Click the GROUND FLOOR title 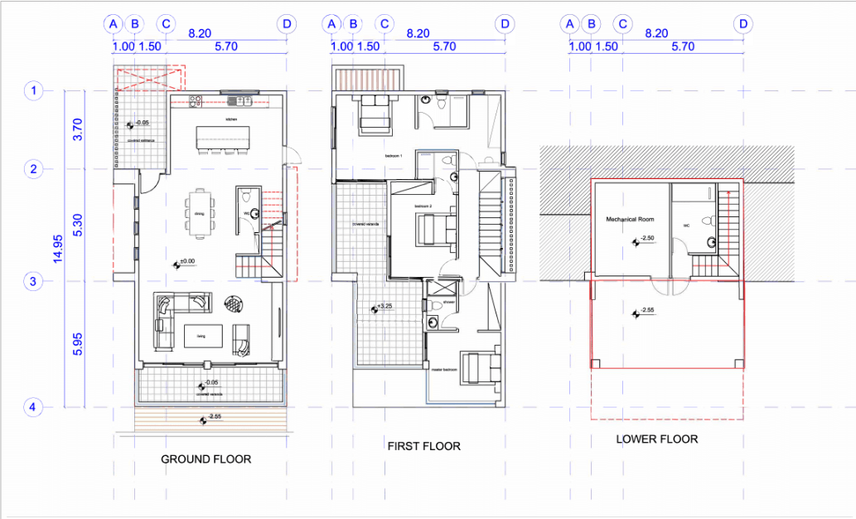(x=206, y=458)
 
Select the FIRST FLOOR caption (x=423, y=446)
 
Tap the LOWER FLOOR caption (x=657, y=439)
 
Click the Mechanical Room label (x=631, y=220)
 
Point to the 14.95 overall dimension (x=58, y=248)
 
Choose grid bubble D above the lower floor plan (x=743, y=24)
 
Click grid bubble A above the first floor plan (x=331, y=24)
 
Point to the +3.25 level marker (x=380, y=308)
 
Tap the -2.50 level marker (x=646, y=240)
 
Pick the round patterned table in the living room (x=235, y=303)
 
